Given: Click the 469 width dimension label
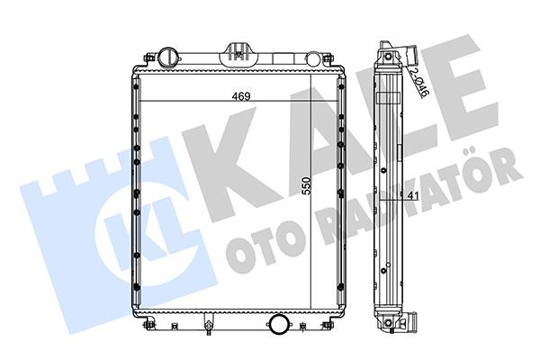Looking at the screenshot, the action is tap(240, 96).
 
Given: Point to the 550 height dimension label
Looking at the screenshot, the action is tap(306, 186).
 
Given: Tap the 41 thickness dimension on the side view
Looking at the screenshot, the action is tap(412, 195).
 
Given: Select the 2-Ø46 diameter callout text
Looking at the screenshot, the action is tap(419, 82).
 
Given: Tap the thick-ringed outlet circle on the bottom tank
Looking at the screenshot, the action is tap(278, 323).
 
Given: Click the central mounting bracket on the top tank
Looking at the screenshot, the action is tap(238, 53).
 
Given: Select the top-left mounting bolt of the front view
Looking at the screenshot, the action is tap(149, 58).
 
